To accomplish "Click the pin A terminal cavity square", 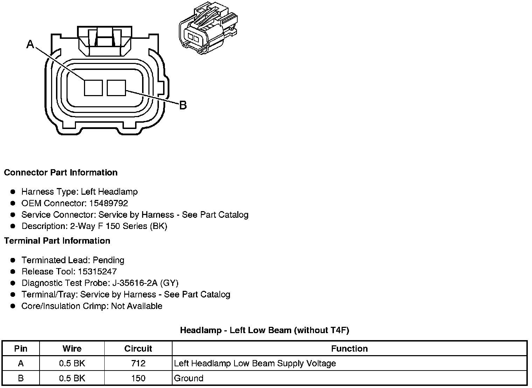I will click(x=93, y=87).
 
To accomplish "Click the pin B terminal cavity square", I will click(x=116, y=87).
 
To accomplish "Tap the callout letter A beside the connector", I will click(x=30, y=44).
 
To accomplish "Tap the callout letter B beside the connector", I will click(x=183, y=105).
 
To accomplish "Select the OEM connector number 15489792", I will click(x=108, y=203).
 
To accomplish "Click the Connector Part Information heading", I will click(x=61, y=173).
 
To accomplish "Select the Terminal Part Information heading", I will click(x=57, y=241).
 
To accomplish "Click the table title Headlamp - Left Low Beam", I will click(x=265, y=330).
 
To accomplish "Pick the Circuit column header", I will click(x=138, y=349).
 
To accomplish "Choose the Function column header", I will click(x=349, y=349).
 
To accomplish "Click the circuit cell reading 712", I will click(x=138, y=364).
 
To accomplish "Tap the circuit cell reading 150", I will click(x=138, y=378).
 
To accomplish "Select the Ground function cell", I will click(x=189, y=378).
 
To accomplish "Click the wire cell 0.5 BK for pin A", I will click(x=72, y=364).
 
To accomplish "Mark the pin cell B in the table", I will click(x=21, y=378).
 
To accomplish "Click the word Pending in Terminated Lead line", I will click(x=108, y=260).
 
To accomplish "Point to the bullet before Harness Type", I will click(x=13, y=192).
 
